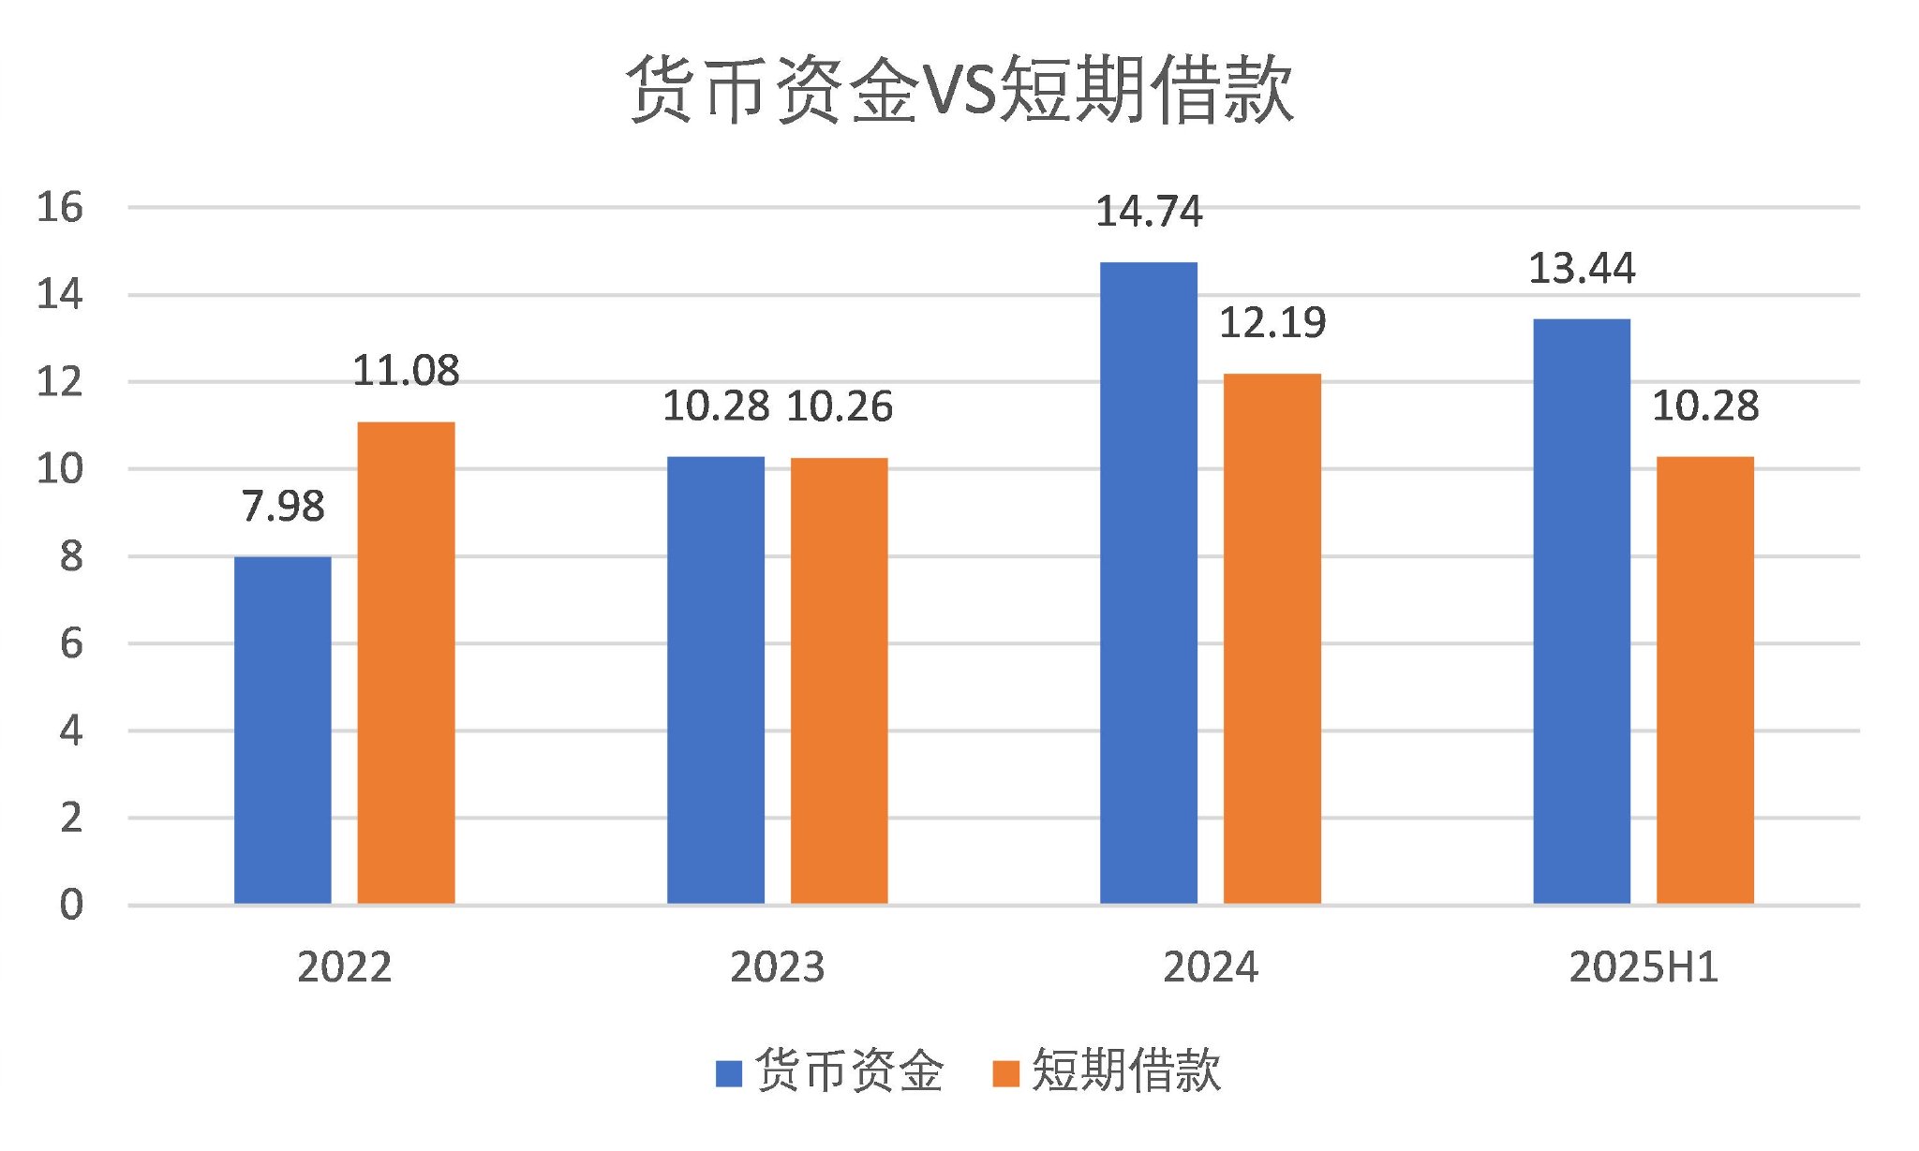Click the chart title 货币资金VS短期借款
click(x=959, y=90)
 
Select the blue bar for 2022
click(x=282, y=730)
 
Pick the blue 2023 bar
click(x=715, y=680)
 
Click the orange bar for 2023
click(x=839, y=681)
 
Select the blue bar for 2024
click(x=1148, y=583)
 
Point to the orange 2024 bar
click(x=1272, y=639)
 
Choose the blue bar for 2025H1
click(x=1581, y=611)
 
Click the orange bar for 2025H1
click(x=1704, y=680)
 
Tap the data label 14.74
click(x=1148, y=212)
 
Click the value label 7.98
click(x=282, y=507)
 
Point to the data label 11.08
click(x=406, y=371)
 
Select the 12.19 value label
click(x=1272, y=323)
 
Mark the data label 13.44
click(x=1581, y=269)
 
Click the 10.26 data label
click(x=839, y=406)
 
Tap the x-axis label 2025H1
click(x=1644, y=967)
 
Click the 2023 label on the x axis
click(x=777, y=967)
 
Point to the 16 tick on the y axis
click(x=59, y=207)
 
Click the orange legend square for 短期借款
click(x=1004, y=1073)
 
